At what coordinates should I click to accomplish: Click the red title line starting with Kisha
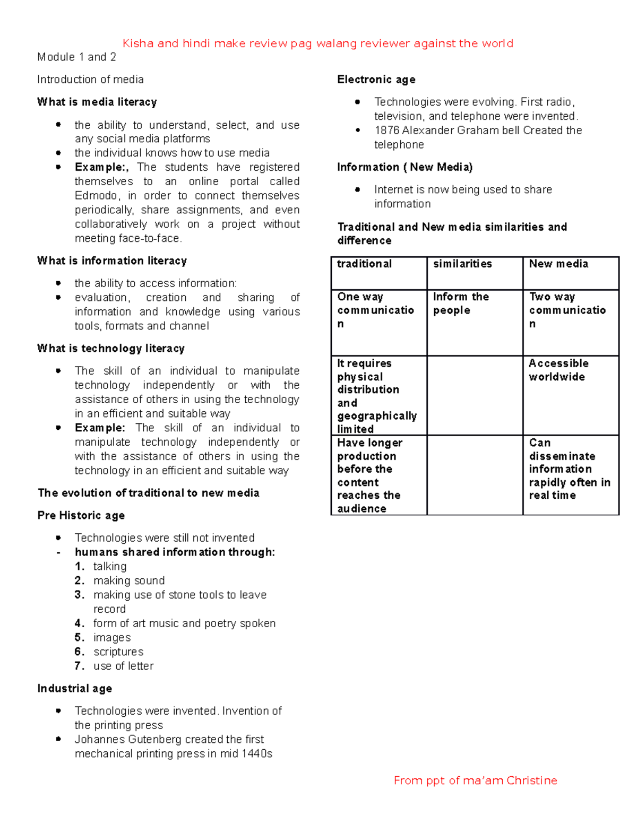point(317,44)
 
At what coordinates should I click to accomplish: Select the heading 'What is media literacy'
point(97,102)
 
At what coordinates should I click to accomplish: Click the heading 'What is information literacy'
point(112,261)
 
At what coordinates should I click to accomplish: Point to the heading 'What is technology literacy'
point(111,349)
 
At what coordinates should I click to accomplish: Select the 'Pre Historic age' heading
point(81,515)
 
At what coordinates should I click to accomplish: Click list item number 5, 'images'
point(112,637)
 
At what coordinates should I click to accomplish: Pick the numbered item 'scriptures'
point(118,652)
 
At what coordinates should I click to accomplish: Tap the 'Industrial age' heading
point(75,688)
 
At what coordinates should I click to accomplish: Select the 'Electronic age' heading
point(376,80)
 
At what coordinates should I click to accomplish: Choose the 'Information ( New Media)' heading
point(404,167)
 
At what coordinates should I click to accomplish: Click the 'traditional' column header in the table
point(364,264)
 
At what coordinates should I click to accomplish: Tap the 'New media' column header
point(558,264)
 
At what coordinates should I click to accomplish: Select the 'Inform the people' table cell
point(461,303)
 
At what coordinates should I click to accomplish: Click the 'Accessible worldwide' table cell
point(558,370)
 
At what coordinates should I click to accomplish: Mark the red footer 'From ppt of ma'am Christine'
point(475,780)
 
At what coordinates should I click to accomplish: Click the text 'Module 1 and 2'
point(76,57)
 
